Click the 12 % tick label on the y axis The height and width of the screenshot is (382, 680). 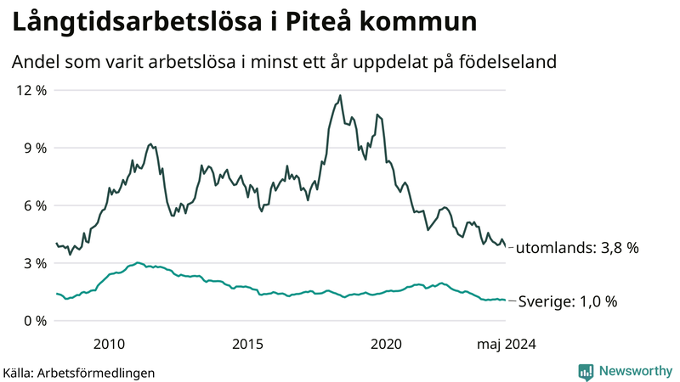click(30, 90)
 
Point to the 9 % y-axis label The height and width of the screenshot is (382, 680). click(33, 148)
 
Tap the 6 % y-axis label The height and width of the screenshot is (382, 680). click(33, 205)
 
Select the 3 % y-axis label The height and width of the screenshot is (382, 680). click(33, 263)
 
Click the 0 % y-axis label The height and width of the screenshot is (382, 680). click(33, 321)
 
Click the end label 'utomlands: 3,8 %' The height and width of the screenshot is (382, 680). click(577, 248)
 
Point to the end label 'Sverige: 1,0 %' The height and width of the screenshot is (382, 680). click(567, 301)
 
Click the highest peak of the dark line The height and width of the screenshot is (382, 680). click(340, 96)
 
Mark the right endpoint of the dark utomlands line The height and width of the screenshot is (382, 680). click(507, 247)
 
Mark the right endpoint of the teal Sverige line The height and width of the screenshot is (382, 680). click(507, 301)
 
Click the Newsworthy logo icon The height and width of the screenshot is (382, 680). click(586, 371)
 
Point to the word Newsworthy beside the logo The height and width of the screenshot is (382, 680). click(633, 371)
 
